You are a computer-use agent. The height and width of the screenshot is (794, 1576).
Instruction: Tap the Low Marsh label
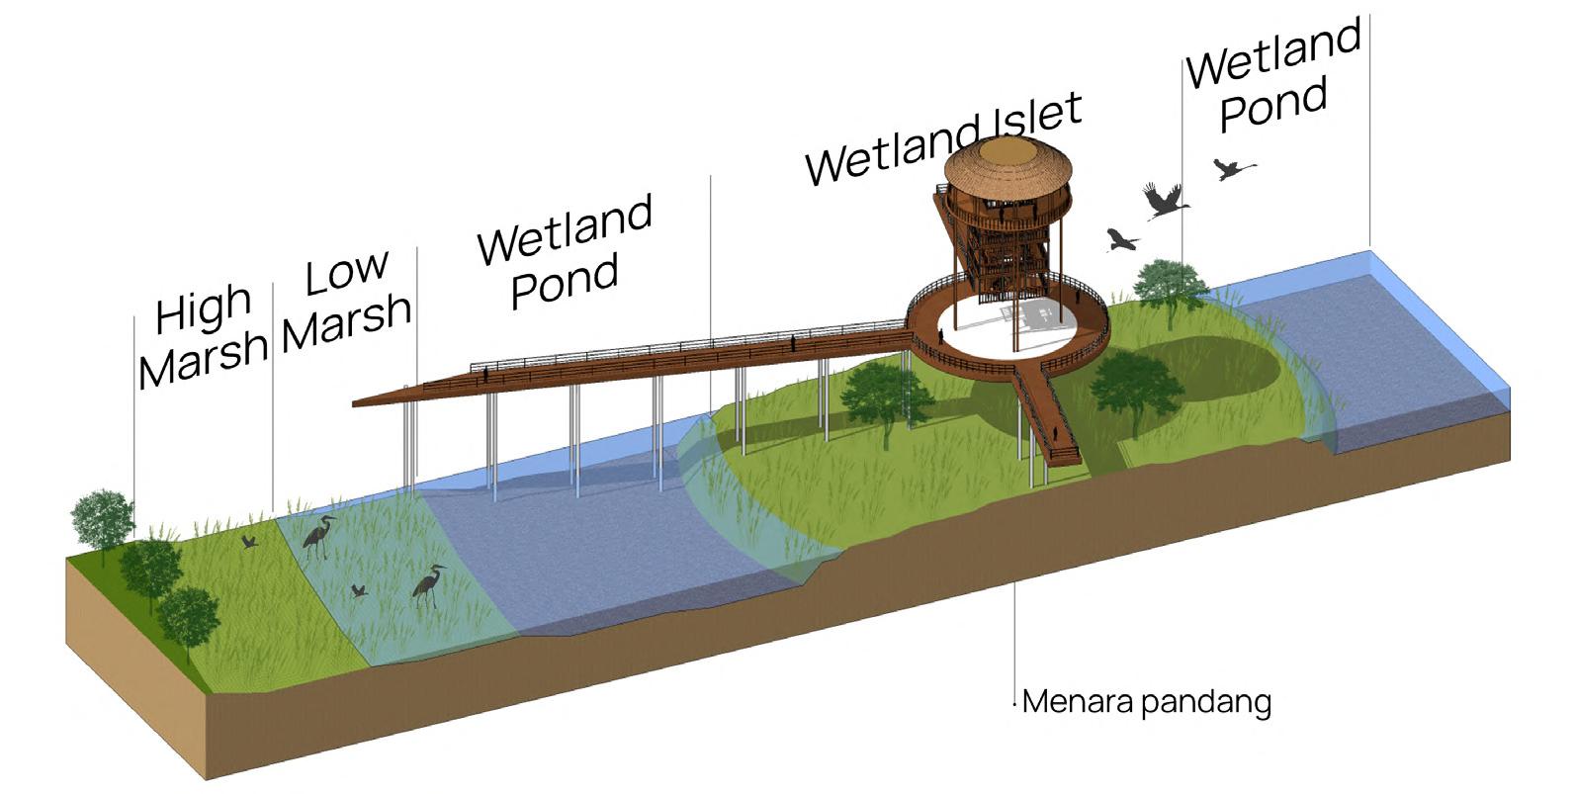[346, 301]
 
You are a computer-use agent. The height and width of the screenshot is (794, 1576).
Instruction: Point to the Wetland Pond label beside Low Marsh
[565, 252]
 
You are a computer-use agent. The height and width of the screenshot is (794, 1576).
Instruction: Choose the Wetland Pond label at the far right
[1273, 77]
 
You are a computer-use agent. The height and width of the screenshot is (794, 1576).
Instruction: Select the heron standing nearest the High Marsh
[318, 538]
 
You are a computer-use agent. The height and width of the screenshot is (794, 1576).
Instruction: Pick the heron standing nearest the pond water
[430, 585]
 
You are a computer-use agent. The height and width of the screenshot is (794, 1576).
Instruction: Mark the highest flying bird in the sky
[1233, 169]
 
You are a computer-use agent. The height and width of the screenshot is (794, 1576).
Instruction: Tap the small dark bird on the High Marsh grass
[250, 542]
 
